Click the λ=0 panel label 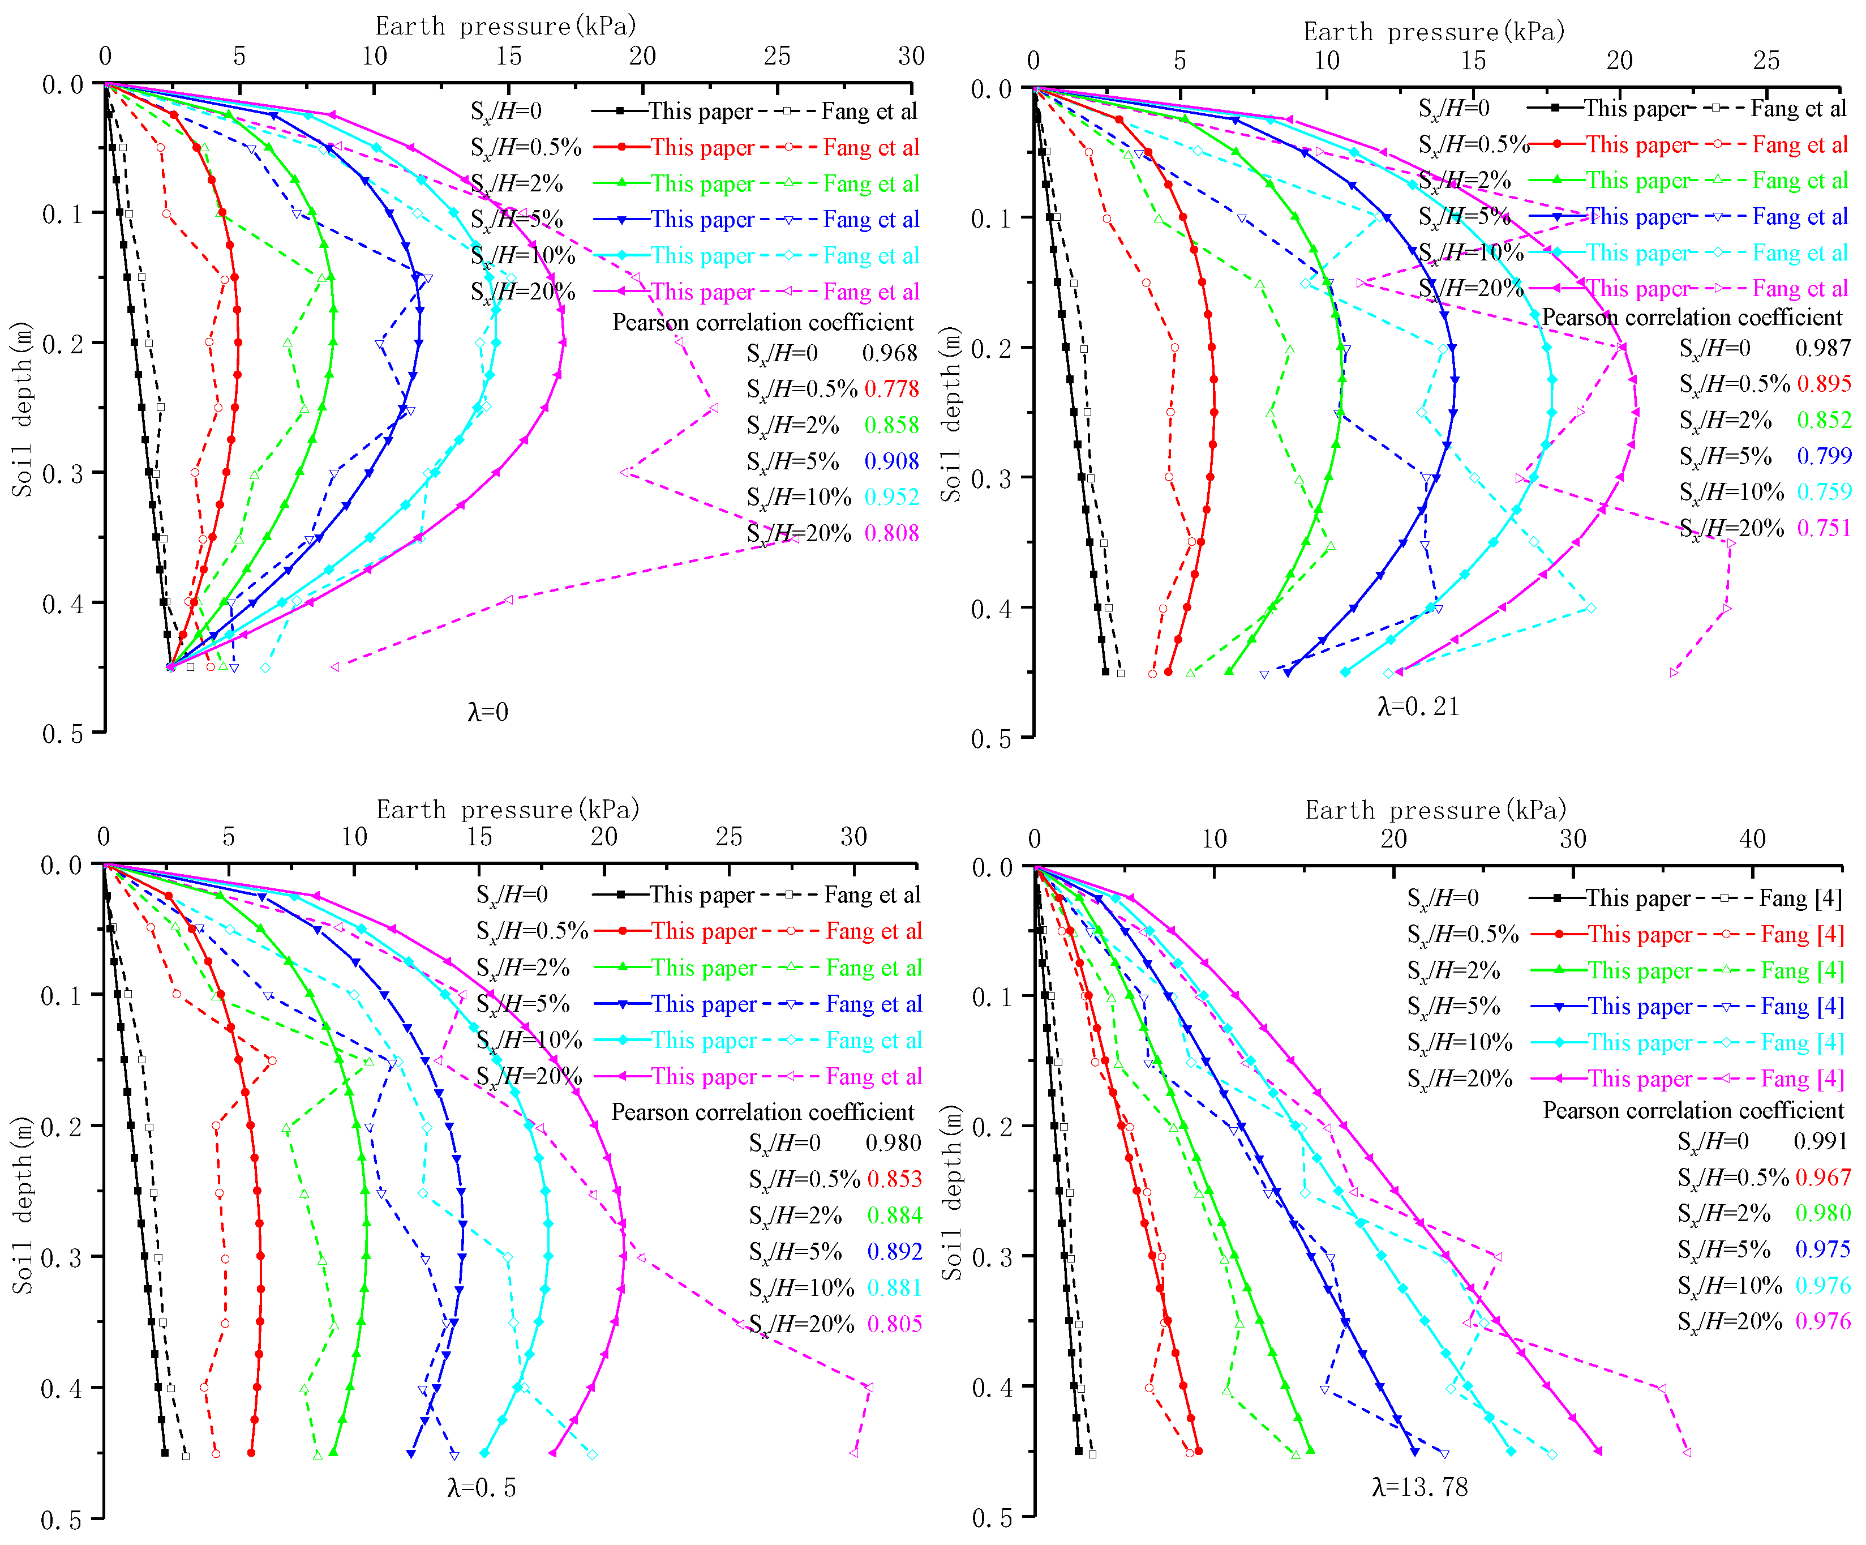(x=488, y=712)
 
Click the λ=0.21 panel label (x=1418, y=707)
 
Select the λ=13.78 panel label (x=1420, y=1487)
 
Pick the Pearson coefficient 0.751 (x=1824, y=528)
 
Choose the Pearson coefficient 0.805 (x=895, y=1324)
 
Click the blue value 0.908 (x=891, y=461)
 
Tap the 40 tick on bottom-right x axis (x=1752, y=838)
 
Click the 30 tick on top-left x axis (x=911, y=56)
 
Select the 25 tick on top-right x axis (x=1766, y=61)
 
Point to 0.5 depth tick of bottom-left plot (x=61, y=1520)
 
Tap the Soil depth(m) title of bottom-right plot (x=953, y=1192)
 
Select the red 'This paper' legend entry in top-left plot (x=701, y=148)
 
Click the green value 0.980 (x=1822, y=1213)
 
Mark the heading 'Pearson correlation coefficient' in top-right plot (x=1692, y=318)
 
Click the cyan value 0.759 (x=1824, y=491)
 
